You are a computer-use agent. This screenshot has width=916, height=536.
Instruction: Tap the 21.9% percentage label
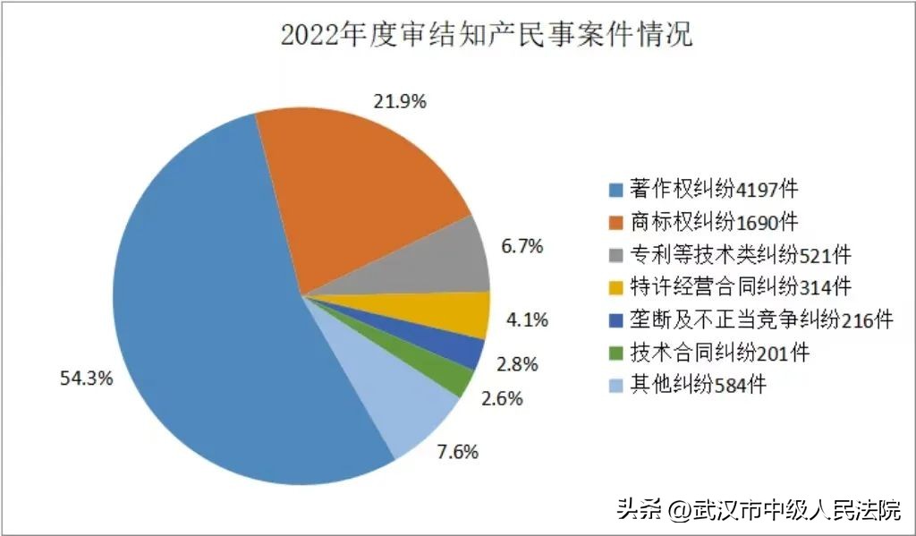[400, 101]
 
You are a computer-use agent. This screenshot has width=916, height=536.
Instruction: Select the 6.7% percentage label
[522, 246]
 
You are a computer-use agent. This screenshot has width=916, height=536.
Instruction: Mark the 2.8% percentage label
[518, 363]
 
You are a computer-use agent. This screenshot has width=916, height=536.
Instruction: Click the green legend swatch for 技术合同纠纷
[614, 353]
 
